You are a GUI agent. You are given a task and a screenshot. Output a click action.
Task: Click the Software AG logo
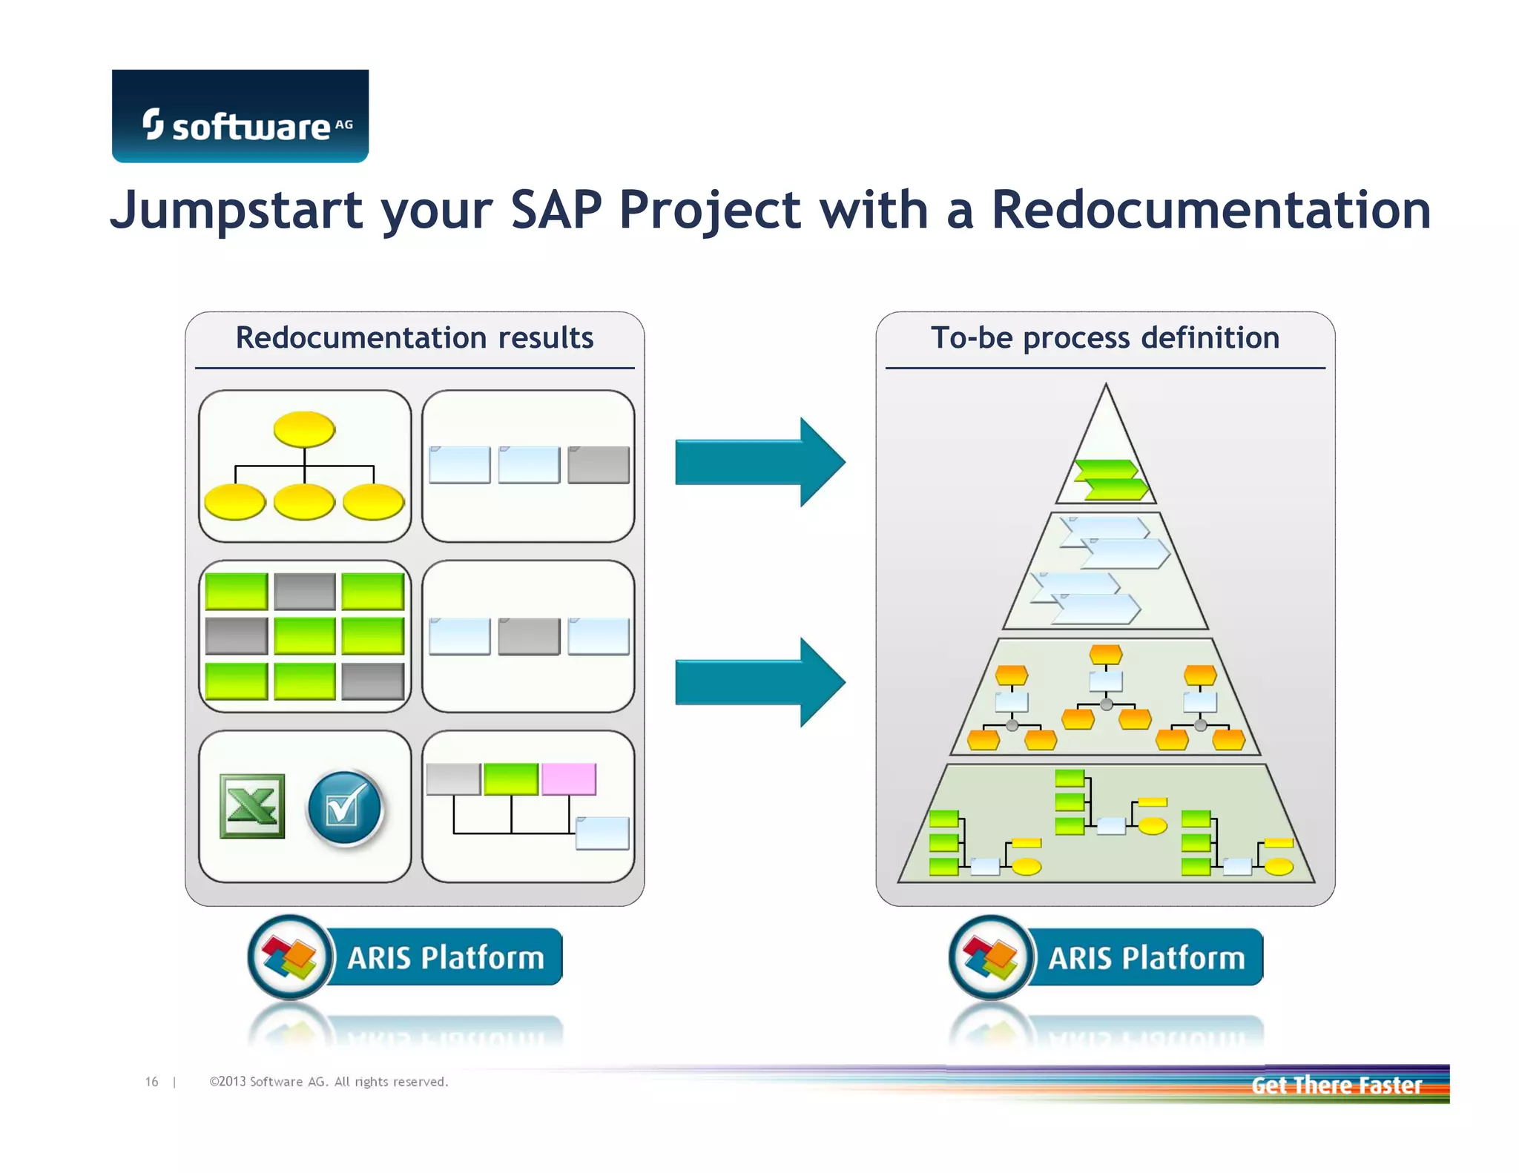(240, 116)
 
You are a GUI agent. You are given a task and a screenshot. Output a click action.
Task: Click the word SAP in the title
(556, 210)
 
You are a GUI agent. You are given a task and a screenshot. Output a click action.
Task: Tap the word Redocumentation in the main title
(1210, 210)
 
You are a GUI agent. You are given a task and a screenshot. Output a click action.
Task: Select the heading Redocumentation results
(414, 338)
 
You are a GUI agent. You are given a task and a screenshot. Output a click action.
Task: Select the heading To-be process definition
(1105, 338)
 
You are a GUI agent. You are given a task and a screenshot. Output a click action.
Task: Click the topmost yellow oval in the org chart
(304, 429)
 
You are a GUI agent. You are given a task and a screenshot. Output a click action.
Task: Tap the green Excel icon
(252, 806)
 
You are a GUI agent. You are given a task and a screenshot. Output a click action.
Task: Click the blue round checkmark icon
(344, 807)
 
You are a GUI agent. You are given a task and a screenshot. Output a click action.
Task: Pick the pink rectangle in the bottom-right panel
(569, 779)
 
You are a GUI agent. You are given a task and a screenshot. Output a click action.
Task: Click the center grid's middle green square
(304, 636)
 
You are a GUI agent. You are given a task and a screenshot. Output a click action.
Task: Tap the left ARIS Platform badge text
(446, 957)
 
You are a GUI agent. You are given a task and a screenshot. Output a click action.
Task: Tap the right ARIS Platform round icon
(991, 957)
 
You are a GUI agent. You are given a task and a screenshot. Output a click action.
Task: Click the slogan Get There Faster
(1336, 1086)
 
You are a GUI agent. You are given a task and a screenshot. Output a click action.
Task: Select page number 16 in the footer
(151, 1082)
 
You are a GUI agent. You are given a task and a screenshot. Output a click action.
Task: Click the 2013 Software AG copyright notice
(329, 1082)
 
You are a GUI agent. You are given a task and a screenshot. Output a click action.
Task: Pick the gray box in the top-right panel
(598, 465)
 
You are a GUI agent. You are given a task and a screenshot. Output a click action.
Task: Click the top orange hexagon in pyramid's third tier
(1105, 654)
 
